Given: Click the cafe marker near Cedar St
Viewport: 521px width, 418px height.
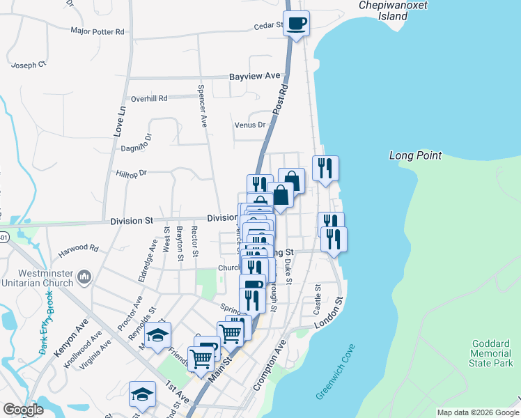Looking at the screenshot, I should coord(296,23).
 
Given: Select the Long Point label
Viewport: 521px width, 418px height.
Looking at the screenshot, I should coord(415,155).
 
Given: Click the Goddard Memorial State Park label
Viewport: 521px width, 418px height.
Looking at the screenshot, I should coord(492,353).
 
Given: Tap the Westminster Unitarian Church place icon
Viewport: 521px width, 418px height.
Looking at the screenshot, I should coord(84,277).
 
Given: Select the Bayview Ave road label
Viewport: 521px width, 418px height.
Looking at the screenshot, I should coord(255,75).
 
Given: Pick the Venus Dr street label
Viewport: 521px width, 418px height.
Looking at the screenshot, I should coord(251,125).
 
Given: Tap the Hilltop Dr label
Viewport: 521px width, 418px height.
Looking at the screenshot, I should coord(132,173).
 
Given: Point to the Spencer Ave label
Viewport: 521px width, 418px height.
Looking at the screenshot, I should coord(202,106).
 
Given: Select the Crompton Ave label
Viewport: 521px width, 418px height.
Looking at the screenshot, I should coord(270,365).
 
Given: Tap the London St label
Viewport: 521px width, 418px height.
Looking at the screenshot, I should coord(329,313).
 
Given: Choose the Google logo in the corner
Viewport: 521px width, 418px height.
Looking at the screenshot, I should coord(24,410).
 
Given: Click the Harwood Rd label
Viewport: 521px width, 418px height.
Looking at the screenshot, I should coord(79,247).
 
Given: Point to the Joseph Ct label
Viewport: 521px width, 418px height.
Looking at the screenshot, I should coord(28,65).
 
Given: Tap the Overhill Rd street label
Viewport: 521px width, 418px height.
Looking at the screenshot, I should coord(149,98).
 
